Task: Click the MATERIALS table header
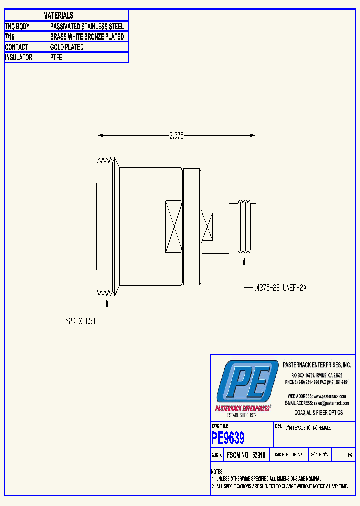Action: (x=58, y=16)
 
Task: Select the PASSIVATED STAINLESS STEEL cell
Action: (x=87, y=26)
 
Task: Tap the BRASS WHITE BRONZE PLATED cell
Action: (x=87, y=37)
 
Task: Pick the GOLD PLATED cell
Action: (x=67, y=47)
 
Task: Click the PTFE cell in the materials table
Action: (x=56, y=58)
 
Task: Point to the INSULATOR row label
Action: (x=19, y=58)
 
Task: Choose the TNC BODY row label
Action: (x=17, y=26)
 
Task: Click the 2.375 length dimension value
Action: (x=176, y=135)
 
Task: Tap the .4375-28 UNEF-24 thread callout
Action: (x=280, y=288)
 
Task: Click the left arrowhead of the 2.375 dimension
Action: (x=100, y=135)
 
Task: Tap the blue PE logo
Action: (x=247, y=382)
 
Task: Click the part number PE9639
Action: (x=228, y=438)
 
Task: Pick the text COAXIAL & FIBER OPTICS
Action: (x=319, y=413)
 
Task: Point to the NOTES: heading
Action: (x=217, y=472)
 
